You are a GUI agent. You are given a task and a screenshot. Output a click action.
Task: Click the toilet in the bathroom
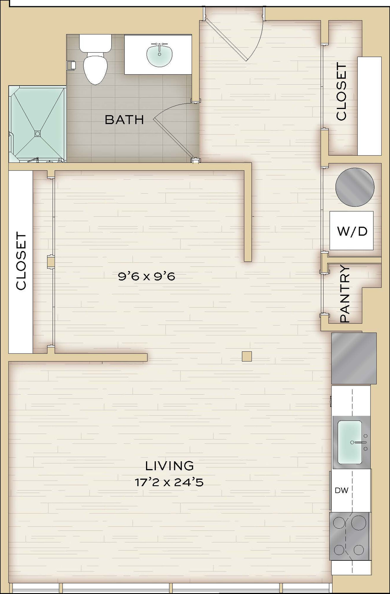click(x=95, y=59)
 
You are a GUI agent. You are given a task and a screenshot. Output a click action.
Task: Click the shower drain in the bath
click(x=37, y=133)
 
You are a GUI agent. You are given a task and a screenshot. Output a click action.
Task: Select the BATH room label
click(x=124, y=119)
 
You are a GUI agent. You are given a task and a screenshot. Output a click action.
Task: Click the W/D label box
click(x=351, y=230)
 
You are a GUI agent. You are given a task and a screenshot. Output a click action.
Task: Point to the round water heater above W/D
click(x=355, y=187)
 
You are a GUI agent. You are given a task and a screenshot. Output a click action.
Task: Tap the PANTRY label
click(x=345, y=294)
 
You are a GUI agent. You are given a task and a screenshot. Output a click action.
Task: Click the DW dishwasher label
click(x=341, y=490)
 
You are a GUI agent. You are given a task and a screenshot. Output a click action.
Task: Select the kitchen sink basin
click(x=350, y=442)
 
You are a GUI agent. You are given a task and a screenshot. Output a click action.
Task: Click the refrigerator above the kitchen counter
click(x=354, y=358)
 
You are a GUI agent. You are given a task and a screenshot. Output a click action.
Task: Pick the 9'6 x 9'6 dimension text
click(x=147, y=277)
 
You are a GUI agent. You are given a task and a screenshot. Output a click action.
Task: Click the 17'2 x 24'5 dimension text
click(x=169, y=482)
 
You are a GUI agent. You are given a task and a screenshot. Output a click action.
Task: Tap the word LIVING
click(x=169, y=466)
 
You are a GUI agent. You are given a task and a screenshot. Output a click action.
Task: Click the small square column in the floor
click(x=247, y=356)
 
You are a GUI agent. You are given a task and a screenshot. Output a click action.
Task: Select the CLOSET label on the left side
click(x=21, y=261)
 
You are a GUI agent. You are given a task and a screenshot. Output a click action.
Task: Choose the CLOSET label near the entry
click(x=341, y=92)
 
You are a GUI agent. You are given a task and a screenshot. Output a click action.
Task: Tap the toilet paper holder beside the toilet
click(x=72, y=65)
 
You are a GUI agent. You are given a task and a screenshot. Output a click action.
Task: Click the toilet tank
click(x=95, y=42)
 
